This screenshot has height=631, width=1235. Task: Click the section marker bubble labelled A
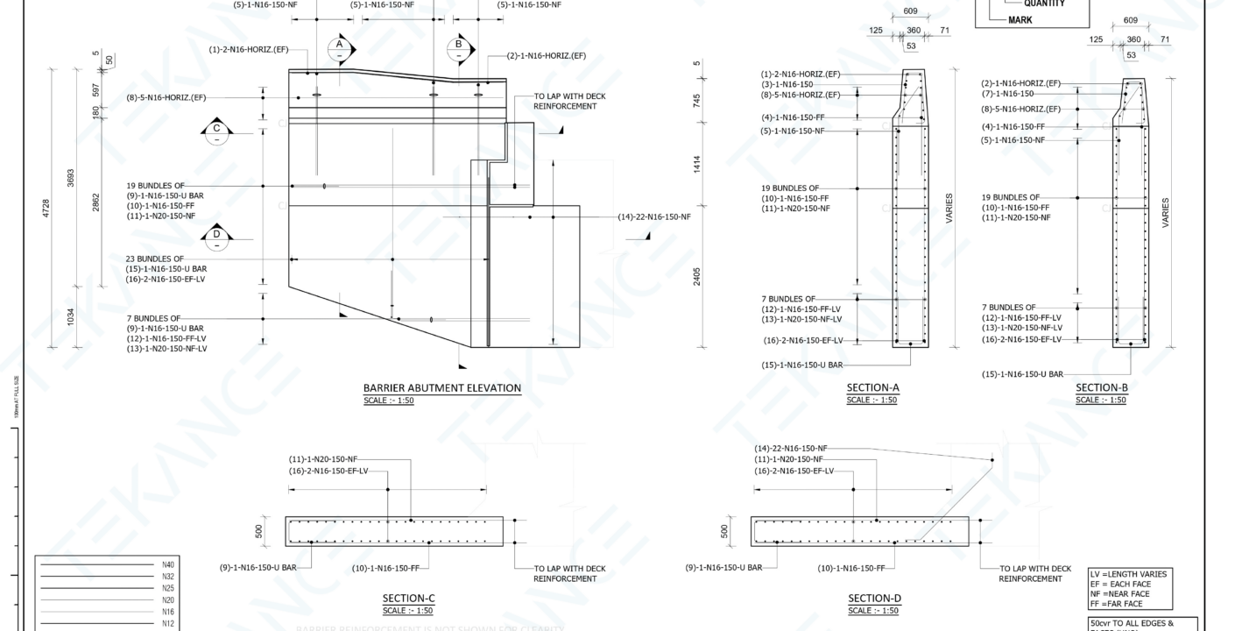click(x=340, y=48)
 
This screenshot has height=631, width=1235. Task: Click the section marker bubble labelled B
click(x=459, y=48)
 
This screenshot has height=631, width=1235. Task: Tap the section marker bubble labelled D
click(x=216, y=235)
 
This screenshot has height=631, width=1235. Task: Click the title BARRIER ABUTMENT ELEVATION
click(x=441, y=388)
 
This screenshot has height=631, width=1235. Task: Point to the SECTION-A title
click(x=872, y=388)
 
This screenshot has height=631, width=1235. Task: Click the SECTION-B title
click(x=1101, y=388)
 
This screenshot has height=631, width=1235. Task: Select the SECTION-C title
click(x=408, y=599)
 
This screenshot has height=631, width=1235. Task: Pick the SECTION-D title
click(x=874, y=599)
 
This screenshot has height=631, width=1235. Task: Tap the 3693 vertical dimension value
click(x=71, y=178)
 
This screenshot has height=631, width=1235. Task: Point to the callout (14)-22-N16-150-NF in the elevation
click(x=654, y=216)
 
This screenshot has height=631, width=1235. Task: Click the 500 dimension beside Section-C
click(x=258, y=531)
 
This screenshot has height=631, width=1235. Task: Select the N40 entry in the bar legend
click(x=168, y=565)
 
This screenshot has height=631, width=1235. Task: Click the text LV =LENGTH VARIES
click(x=1128, y=574)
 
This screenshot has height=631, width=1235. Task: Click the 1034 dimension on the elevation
click(x=71, y=317)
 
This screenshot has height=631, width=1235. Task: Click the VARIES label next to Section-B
click(x=1165, y=213)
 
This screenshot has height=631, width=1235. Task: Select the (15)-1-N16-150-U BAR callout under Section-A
click(x=802, y=365)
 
